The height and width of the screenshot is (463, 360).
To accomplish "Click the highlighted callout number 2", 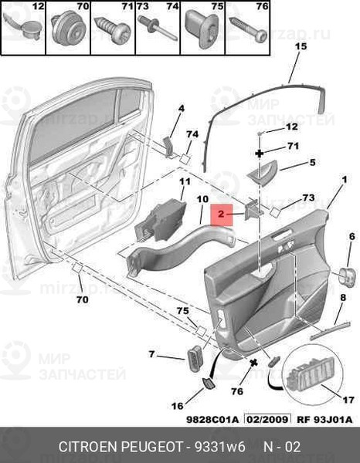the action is click(x=222, y=214).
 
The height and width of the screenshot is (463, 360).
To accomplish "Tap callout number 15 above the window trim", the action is click(x=301, y=46).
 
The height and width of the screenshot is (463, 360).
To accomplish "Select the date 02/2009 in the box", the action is click(x=267, y=419).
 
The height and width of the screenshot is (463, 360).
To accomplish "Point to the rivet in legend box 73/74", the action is click(x=158, y=29).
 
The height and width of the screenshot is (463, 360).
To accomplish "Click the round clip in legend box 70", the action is click(x=69, y=29).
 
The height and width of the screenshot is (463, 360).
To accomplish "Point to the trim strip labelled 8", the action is click(x=330, y=330).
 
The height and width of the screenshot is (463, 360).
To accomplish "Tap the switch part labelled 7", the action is click(x=195, y=358).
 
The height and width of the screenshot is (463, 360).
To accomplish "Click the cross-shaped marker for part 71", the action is click(x=260, y=154).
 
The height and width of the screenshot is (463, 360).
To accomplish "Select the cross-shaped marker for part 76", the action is click(x=253, y=363).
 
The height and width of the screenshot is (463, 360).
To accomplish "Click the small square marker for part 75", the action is click(x=201, y=331).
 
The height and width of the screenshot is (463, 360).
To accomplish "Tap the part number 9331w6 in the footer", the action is click(x=219, y=447).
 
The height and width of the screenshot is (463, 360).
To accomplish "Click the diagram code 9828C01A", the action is click(x=212, y=419).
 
